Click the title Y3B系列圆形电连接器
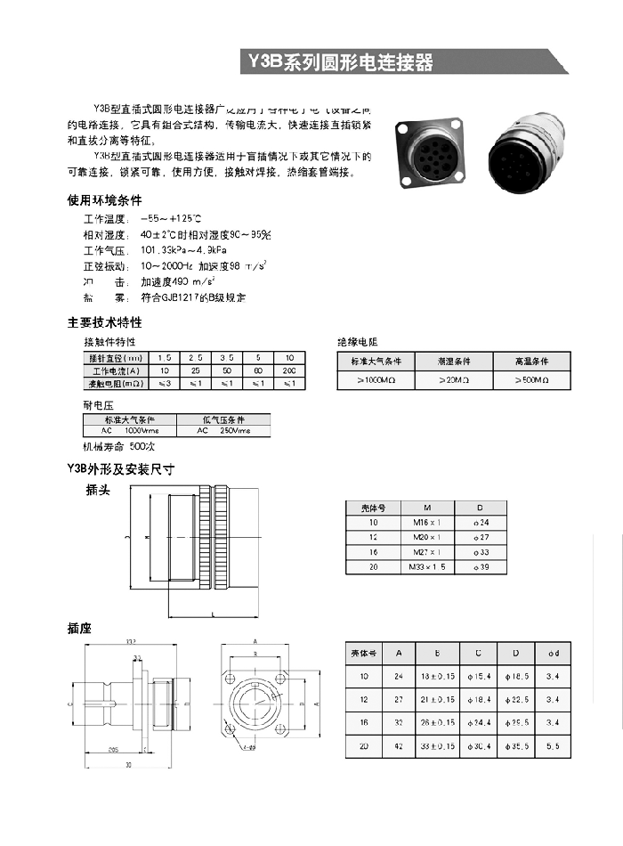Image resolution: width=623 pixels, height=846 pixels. click(x=340, y=62)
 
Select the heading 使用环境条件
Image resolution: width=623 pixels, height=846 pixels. click(x=104, y=199)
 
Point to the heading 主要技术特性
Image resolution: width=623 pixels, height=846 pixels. click(x=104, y=322)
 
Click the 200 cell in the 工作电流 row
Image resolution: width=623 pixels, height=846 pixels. click(x=288, y=370)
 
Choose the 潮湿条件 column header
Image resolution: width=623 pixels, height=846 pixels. click(x=453, y=362)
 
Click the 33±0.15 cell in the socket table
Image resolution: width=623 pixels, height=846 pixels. click(x=437, y=745)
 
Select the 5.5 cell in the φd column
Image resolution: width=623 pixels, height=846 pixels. click(x=553, y=745)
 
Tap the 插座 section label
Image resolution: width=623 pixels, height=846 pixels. click(x=79, y=629)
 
